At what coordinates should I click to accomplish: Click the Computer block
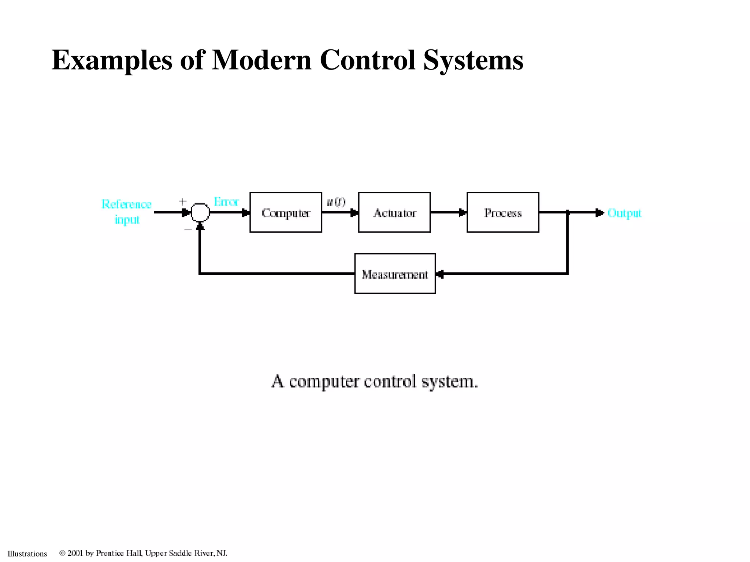pos(286,213)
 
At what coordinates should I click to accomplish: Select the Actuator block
pos(394,213)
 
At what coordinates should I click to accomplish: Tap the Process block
pos(503,213)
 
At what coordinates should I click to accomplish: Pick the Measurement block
pos(395,274)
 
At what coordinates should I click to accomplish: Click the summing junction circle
pos(200,213)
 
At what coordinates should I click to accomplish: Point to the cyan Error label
pos(226,202)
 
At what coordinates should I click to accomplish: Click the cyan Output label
pos(624,213)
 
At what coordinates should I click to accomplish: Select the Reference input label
pos(127,211)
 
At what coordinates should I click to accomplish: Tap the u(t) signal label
pos(336,202)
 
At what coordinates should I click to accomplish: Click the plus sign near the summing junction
pos(183,202)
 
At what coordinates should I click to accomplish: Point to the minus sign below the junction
pos(188,229)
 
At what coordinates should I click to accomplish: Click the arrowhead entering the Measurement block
pos(440,274)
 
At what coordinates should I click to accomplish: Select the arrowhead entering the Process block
pos(463,213)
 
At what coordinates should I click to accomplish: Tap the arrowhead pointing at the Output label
pos(599,213)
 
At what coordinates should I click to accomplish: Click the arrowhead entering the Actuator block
pos(354,213)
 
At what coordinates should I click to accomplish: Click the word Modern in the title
pos(261,60)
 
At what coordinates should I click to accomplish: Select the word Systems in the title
pos(473,60)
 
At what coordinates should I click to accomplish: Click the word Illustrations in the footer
pos(27,554)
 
